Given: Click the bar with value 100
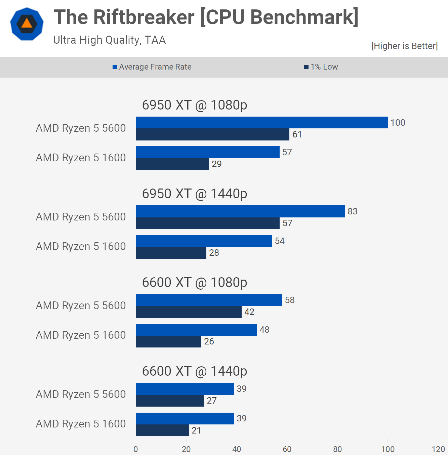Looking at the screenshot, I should coord(262,123).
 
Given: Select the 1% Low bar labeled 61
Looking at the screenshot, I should coord(212,134).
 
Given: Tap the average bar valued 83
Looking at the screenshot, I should coord(240,211).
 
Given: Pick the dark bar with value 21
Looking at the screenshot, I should coord(162,430).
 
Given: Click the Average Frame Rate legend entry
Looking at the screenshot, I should coord(152,67).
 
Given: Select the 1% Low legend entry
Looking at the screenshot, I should coord(321,67).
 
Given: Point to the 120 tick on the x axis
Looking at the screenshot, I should coord(438,449).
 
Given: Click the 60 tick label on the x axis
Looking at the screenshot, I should coord(287,449).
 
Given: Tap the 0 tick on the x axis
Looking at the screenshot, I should coord(136,449).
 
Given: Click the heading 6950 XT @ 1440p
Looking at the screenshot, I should coord(194,194).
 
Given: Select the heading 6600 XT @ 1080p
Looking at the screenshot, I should coord(194,283).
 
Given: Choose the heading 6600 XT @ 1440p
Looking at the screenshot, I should coord(194,371).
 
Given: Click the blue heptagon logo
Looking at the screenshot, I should coord(27,24).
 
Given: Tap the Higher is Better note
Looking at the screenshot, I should coord(404,46).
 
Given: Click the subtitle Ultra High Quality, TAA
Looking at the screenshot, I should coord(109,40).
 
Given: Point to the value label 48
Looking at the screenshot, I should coord(264,330).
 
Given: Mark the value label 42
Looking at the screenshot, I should coord(249,312).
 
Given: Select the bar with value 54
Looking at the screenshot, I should coord(204,241).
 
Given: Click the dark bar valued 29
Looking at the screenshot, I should coord(172,164).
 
